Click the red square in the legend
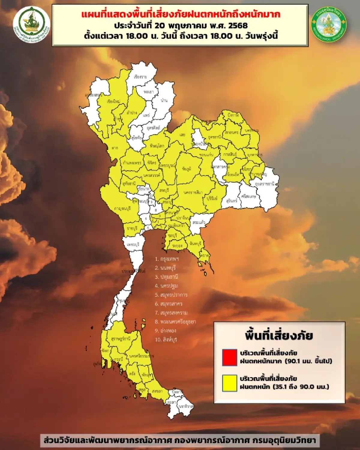tap(229, 357)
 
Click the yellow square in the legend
tap(229, 383)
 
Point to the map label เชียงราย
tap(140, 77)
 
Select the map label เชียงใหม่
tap(113, 101)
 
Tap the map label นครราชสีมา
tap(193, 192)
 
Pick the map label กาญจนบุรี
tap(122, 208)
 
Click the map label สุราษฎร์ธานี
tap(121, 339)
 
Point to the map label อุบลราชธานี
tap(265, 184)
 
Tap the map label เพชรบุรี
tap(133, 244)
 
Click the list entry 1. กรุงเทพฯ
tap(167, 259)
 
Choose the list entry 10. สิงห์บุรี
tap(166, 340)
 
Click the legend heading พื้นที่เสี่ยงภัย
tap(279, 335)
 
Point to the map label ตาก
tap(115, 148)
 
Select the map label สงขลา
tap(157, 391)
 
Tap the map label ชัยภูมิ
tap(187, 169)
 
